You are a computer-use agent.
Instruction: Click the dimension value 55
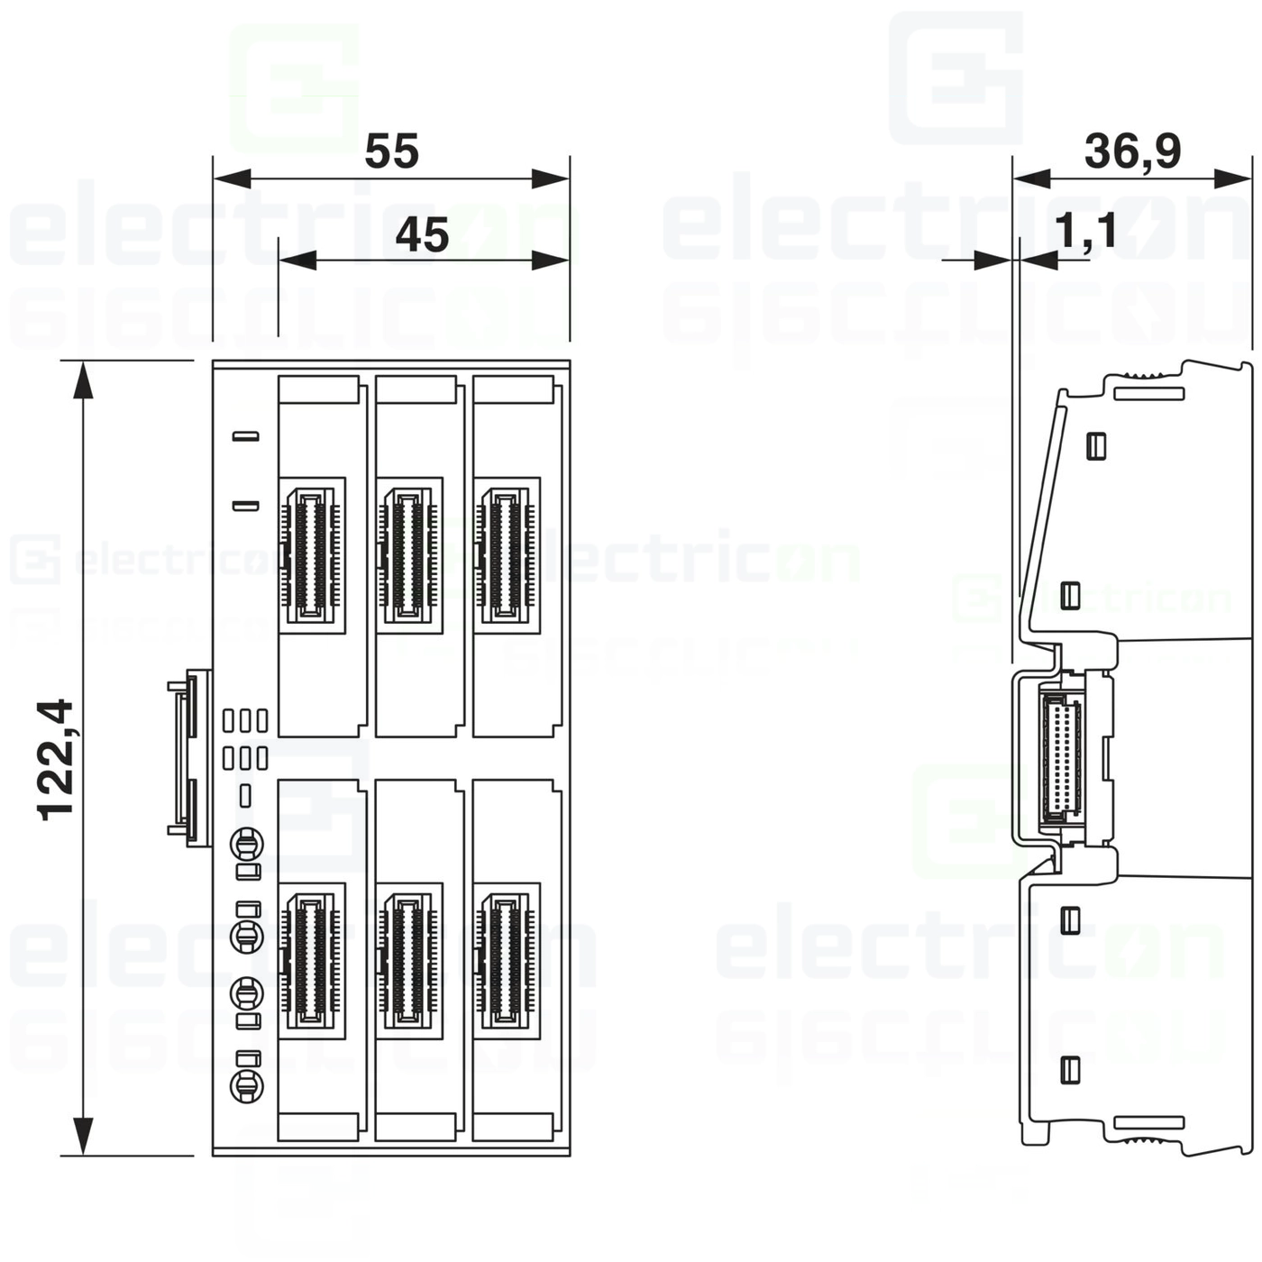click(391, 151)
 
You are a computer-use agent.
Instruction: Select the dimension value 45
click(422, 235)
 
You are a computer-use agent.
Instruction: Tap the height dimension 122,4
click(56, 758)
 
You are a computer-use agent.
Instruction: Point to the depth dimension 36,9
click(1132, 151)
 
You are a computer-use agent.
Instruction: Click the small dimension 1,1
click(1085, 231)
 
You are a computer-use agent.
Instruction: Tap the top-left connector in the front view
click(312, 554)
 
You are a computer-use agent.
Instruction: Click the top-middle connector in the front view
click(408, 554)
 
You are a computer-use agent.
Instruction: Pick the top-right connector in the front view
click(506, 554)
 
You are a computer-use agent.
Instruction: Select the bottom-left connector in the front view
click(312, 960)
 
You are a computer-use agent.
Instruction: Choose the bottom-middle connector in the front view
click(408, 960)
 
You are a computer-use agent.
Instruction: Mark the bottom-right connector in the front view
click(506, 960)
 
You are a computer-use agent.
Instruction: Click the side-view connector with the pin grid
click(1061, 756)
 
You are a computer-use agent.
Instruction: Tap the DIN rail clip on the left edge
click(189, 757)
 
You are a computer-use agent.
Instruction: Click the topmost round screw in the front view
click(246, 846)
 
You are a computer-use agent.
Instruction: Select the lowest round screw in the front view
click(246, 1086)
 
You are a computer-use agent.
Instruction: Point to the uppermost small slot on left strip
click(246, 437)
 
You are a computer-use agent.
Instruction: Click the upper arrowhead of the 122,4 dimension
click(83, 379)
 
